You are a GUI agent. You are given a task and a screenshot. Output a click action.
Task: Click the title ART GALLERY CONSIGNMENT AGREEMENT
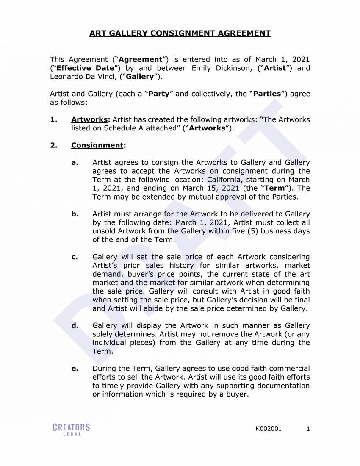point(180,33)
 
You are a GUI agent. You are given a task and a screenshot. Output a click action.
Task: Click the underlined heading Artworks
point(89,119)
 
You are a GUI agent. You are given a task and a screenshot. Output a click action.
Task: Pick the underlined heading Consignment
point(97,145)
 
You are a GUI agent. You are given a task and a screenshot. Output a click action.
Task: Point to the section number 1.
point(54,119)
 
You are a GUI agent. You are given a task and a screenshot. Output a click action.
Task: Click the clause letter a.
point(75,163)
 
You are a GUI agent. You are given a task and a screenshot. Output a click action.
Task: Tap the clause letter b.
point(75,214)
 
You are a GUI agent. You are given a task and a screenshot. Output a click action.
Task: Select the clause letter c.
point(75,257)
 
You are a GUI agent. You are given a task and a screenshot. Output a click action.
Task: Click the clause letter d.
point(75,326)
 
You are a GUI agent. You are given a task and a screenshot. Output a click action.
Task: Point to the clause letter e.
point(75,369)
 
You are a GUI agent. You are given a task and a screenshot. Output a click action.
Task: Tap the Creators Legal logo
point(72,429)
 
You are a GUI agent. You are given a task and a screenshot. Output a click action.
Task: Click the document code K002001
point(268,429)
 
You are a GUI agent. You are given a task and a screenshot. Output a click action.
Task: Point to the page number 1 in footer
point(308,429)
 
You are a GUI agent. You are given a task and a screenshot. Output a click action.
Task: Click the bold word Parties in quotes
point(267,94)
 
